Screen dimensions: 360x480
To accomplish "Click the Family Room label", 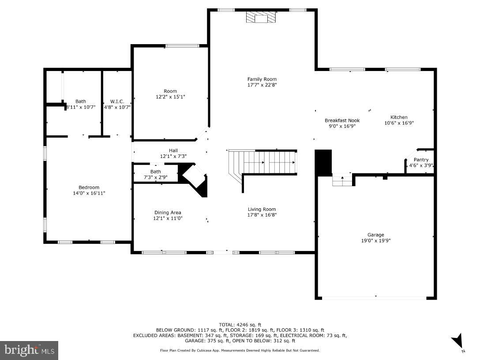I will [x=262, y=79].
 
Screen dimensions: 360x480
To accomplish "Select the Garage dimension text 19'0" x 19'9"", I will [x=376, y=241].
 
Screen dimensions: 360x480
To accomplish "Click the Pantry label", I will [x=421, y=160].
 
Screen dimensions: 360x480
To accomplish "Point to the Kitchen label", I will [x=399, y=117].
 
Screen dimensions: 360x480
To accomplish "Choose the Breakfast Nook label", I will [x=342, y=120].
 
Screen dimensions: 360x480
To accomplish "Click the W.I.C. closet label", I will [x=117, y=101].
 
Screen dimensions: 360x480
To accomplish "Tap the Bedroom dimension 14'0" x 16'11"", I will [x=89, y=193].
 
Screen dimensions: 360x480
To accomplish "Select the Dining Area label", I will [x=167, y=213].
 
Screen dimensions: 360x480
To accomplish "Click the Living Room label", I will [x=262, y=210].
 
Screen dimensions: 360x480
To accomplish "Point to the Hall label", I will [x=173, y=150].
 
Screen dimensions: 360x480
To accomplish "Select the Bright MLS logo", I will [x=29, y=350].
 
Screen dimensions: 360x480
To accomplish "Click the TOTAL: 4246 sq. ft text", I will [x=240, y=325].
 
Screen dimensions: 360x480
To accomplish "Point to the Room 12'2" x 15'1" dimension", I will [x=170, y=97].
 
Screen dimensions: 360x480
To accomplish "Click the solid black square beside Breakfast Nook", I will [x=324, y=163].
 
